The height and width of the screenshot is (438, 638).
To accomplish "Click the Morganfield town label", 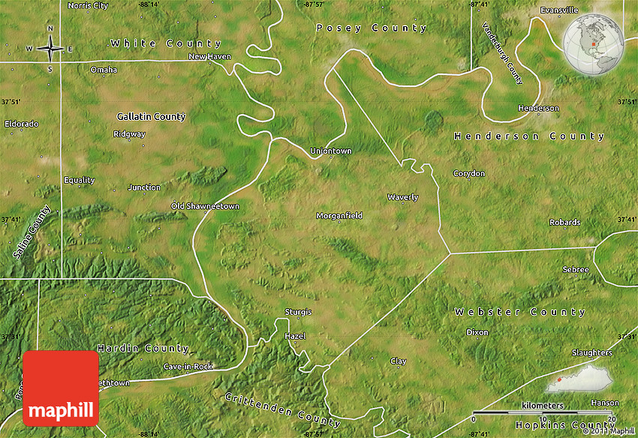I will pos(339,216).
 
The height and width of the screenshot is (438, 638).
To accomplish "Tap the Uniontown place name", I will pos(331,151).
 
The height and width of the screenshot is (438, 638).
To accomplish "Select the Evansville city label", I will pos(559,10).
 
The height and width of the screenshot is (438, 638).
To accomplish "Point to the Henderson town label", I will pos(538,108).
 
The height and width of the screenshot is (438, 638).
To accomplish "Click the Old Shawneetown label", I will pos(205,206).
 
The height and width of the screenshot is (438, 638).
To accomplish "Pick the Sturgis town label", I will pos(298,312).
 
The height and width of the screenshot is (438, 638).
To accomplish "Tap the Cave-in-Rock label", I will pos(188,366).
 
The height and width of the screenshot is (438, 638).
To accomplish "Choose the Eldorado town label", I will pos(22,123).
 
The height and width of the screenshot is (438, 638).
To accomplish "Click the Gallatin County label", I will pos(151,117).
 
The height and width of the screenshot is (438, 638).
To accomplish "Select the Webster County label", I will pos(519,311).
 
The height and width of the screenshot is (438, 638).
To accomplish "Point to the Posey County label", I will pos(371,28).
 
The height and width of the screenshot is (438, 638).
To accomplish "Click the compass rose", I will pos(50,49).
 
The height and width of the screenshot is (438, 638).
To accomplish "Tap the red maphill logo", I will pos(61,388).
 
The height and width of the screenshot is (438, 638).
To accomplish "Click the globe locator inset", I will pos(594,44).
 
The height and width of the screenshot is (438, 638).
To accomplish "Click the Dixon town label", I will pos(477,332).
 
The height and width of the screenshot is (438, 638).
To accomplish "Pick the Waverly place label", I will pos(402,197).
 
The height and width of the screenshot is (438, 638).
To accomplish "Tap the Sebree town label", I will pos(575,269).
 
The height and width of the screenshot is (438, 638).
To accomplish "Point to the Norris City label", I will pos(88,5).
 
